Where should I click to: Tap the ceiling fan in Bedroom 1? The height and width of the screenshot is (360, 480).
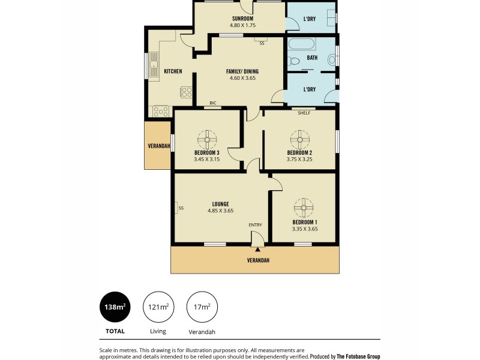point(304,209)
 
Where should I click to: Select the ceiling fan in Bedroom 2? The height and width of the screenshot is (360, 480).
point(299,140)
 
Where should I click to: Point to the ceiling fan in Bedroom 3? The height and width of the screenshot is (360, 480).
point(206,140)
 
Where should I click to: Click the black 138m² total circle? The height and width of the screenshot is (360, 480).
point(116,308)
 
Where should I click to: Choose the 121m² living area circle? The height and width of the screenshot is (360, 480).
point(158,308)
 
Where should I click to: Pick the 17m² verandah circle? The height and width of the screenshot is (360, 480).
point(202,308)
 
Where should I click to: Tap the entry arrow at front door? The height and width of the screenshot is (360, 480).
point(257,248)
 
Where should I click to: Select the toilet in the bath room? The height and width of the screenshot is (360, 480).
point(293,61)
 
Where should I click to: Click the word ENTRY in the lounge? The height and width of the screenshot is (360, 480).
point(256,225)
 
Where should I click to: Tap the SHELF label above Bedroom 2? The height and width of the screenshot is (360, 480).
point(304,112)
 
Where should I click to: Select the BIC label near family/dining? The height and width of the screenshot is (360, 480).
point(213,103)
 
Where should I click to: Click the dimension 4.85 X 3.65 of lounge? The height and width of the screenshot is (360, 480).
point(220,211)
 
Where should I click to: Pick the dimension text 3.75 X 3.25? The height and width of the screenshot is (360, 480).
point(299,159)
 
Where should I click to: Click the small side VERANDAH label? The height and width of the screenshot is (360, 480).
point(159,146)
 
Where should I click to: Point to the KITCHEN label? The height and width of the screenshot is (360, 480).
point(173,71)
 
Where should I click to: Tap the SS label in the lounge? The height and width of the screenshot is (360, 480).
point(181,208)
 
